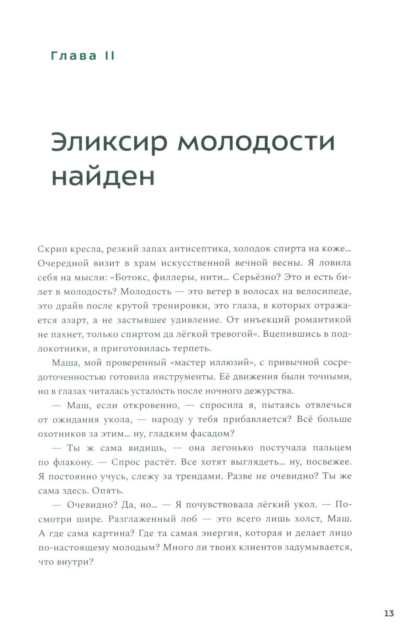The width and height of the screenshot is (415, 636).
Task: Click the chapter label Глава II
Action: (83, 56)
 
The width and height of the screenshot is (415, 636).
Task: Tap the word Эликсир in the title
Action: (109, 142)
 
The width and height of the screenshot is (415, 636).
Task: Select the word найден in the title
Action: (103, 176)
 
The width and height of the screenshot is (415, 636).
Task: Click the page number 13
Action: (389, 614)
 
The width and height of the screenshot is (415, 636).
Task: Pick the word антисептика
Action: (198, 249)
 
